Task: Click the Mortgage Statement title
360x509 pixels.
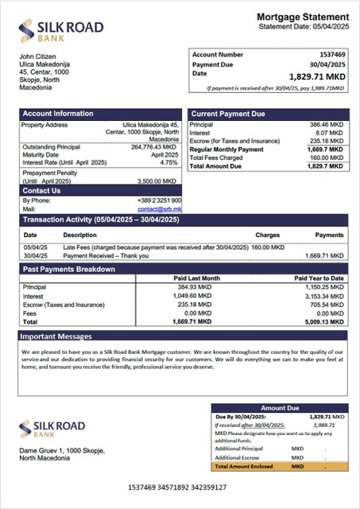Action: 302,17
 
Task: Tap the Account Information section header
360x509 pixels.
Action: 57,114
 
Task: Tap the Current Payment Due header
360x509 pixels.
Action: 228,114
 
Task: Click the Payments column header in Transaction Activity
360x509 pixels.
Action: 329,235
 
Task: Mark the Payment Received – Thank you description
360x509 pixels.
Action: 103,255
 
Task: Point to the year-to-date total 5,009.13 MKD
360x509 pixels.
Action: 323,322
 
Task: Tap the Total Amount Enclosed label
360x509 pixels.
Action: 244,466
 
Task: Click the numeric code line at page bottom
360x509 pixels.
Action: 177,487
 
